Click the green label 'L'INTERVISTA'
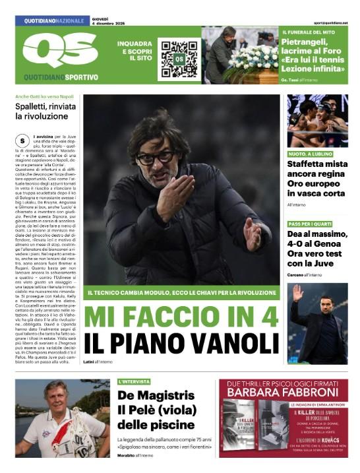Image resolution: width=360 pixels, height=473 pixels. [x=134, y=381]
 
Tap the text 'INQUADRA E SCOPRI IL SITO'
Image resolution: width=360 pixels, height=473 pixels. [x=135, y=51]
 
